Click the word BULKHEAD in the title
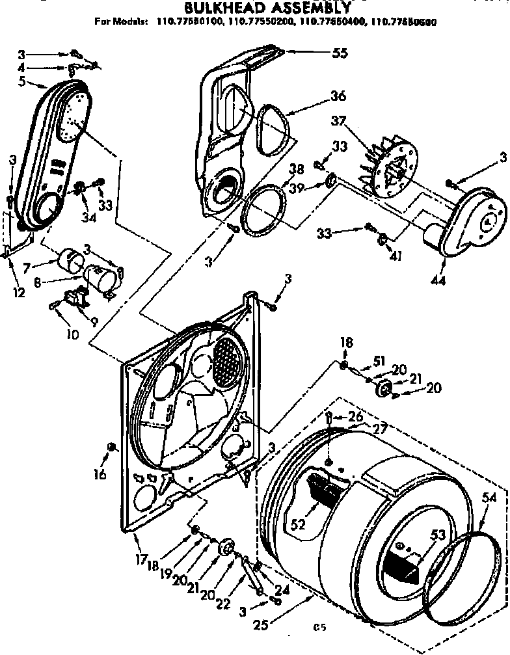[x=214, y=8]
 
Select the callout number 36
[x=338, y=96]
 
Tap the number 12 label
[x=18, y=293]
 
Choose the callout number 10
[x=72, y=335]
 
